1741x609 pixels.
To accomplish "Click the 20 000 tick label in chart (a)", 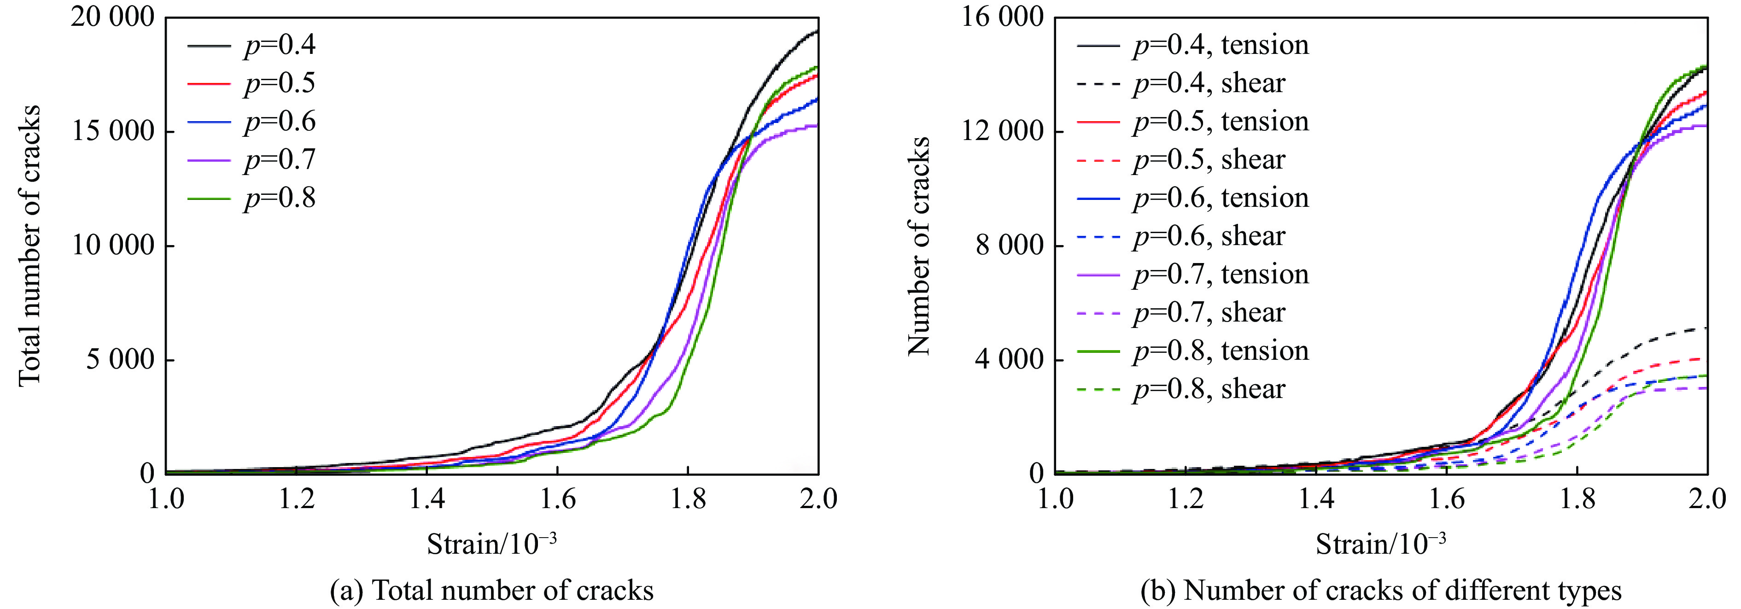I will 112,18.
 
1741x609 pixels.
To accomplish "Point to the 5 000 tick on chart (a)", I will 120,360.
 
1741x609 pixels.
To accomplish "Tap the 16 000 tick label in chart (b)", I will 1002,18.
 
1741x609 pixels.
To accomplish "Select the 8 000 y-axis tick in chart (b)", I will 1010,246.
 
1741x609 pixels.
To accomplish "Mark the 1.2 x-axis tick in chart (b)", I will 1186,499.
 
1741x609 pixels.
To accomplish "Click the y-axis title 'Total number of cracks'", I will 30,246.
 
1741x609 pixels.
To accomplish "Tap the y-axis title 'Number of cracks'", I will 919,246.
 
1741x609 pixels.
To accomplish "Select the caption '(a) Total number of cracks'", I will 491,591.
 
